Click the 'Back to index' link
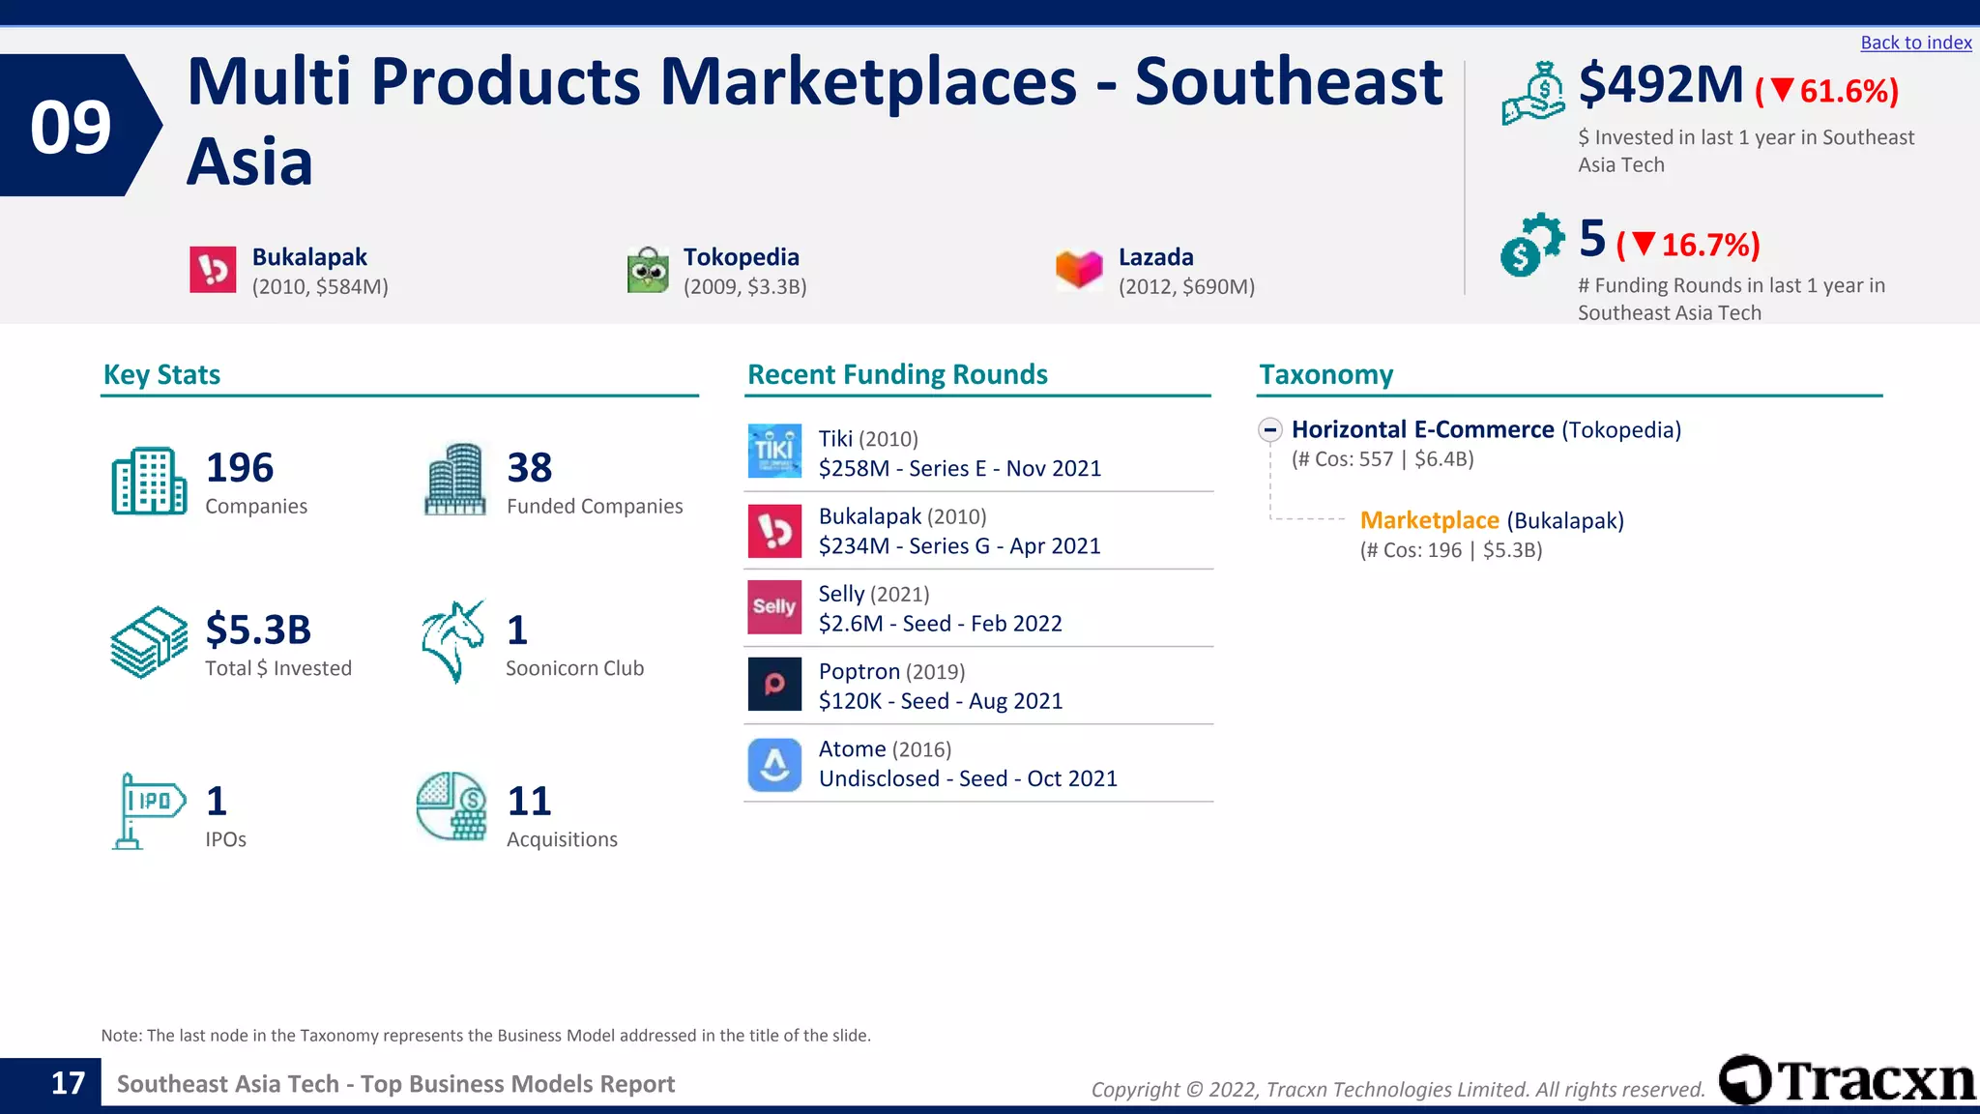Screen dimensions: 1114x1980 [x=1915, y=43]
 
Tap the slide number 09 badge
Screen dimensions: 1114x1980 [x=72, y=127]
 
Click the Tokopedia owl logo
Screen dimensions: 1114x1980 [x=648, y=270]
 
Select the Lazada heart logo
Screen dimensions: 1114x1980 [x=1079, y=269]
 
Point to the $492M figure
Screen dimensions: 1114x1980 [x=1660, y=85]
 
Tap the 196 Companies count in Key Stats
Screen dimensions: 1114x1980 [x=240, y=468]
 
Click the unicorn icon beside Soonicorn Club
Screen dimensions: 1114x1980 [x=452, y=641]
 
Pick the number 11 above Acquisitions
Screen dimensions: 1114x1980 [x=529, y=801]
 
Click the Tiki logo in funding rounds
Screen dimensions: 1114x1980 [x=774, y=451]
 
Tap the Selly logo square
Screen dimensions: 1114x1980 [x=774, y=606]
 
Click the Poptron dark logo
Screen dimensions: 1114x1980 [x=774, y=684]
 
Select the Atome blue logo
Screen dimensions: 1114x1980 [x=774, y=765]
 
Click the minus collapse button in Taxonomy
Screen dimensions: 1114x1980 [x=1270, y=429]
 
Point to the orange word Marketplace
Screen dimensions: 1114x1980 [x=1429, y=520]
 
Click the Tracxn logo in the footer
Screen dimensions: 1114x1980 [x=1847, y=1080]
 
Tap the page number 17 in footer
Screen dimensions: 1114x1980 [x=68, y=1083]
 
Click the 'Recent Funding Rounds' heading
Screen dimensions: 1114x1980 [x=897, y=374]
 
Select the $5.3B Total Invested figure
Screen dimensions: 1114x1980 [x=258, y=630]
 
